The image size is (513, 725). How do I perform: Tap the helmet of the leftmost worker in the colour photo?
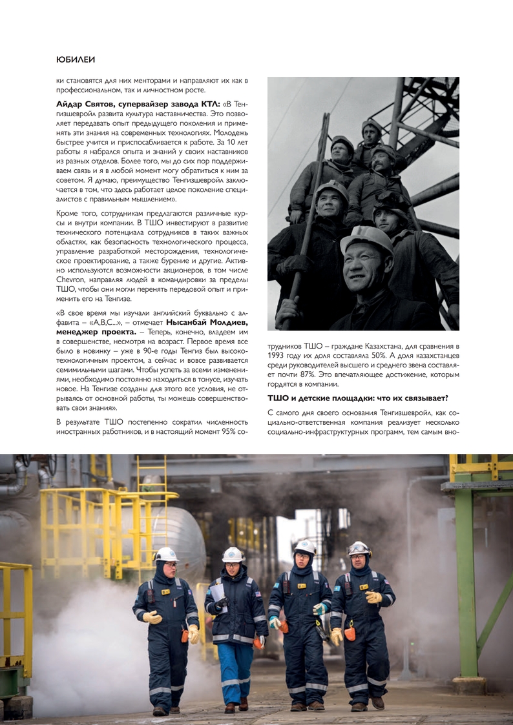[x=166, y=554]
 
